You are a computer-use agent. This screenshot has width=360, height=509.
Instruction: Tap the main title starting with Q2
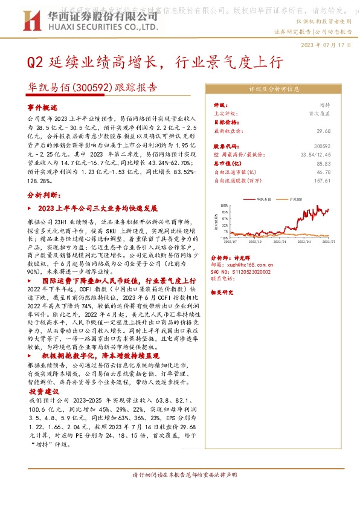tap(153, 63)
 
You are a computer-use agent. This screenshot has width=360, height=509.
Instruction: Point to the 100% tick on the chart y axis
tap(223, 205)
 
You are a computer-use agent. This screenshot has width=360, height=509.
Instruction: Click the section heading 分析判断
tap(43, 196)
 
